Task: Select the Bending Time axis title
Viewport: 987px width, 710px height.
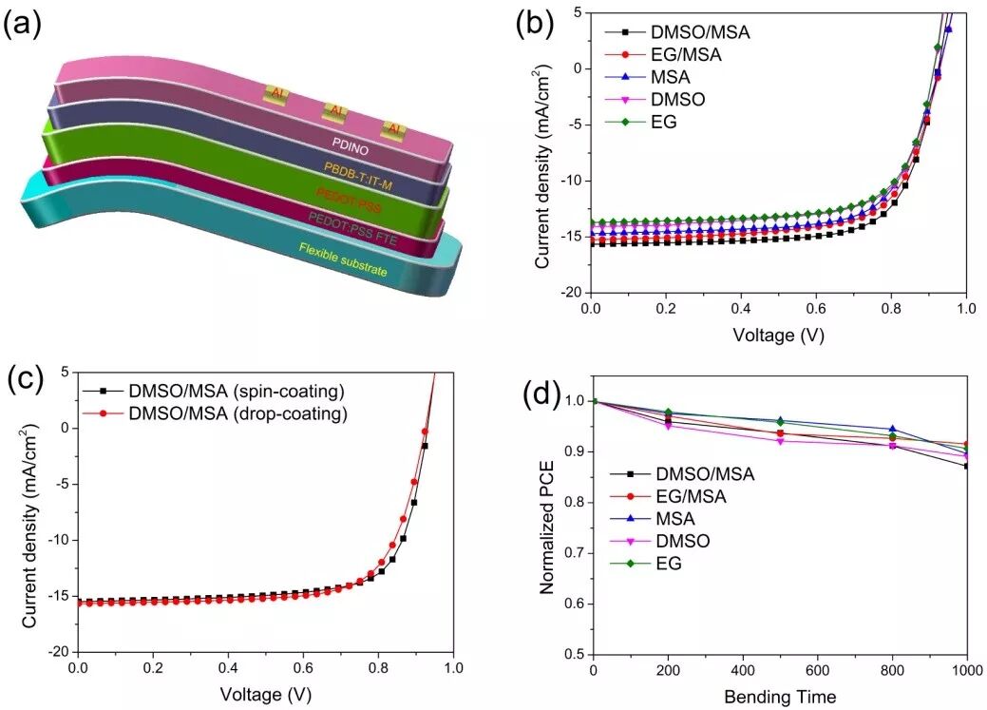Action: click(x=780, y=698)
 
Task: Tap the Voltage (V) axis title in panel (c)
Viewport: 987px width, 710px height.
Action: click(x=266, y=694)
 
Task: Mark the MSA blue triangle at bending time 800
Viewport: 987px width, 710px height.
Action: click(x=892, y=430)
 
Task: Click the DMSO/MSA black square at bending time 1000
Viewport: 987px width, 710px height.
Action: click(x=967, y=466)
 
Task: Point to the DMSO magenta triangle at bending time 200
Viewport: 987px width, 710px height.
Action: click(x=669, y=426)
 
